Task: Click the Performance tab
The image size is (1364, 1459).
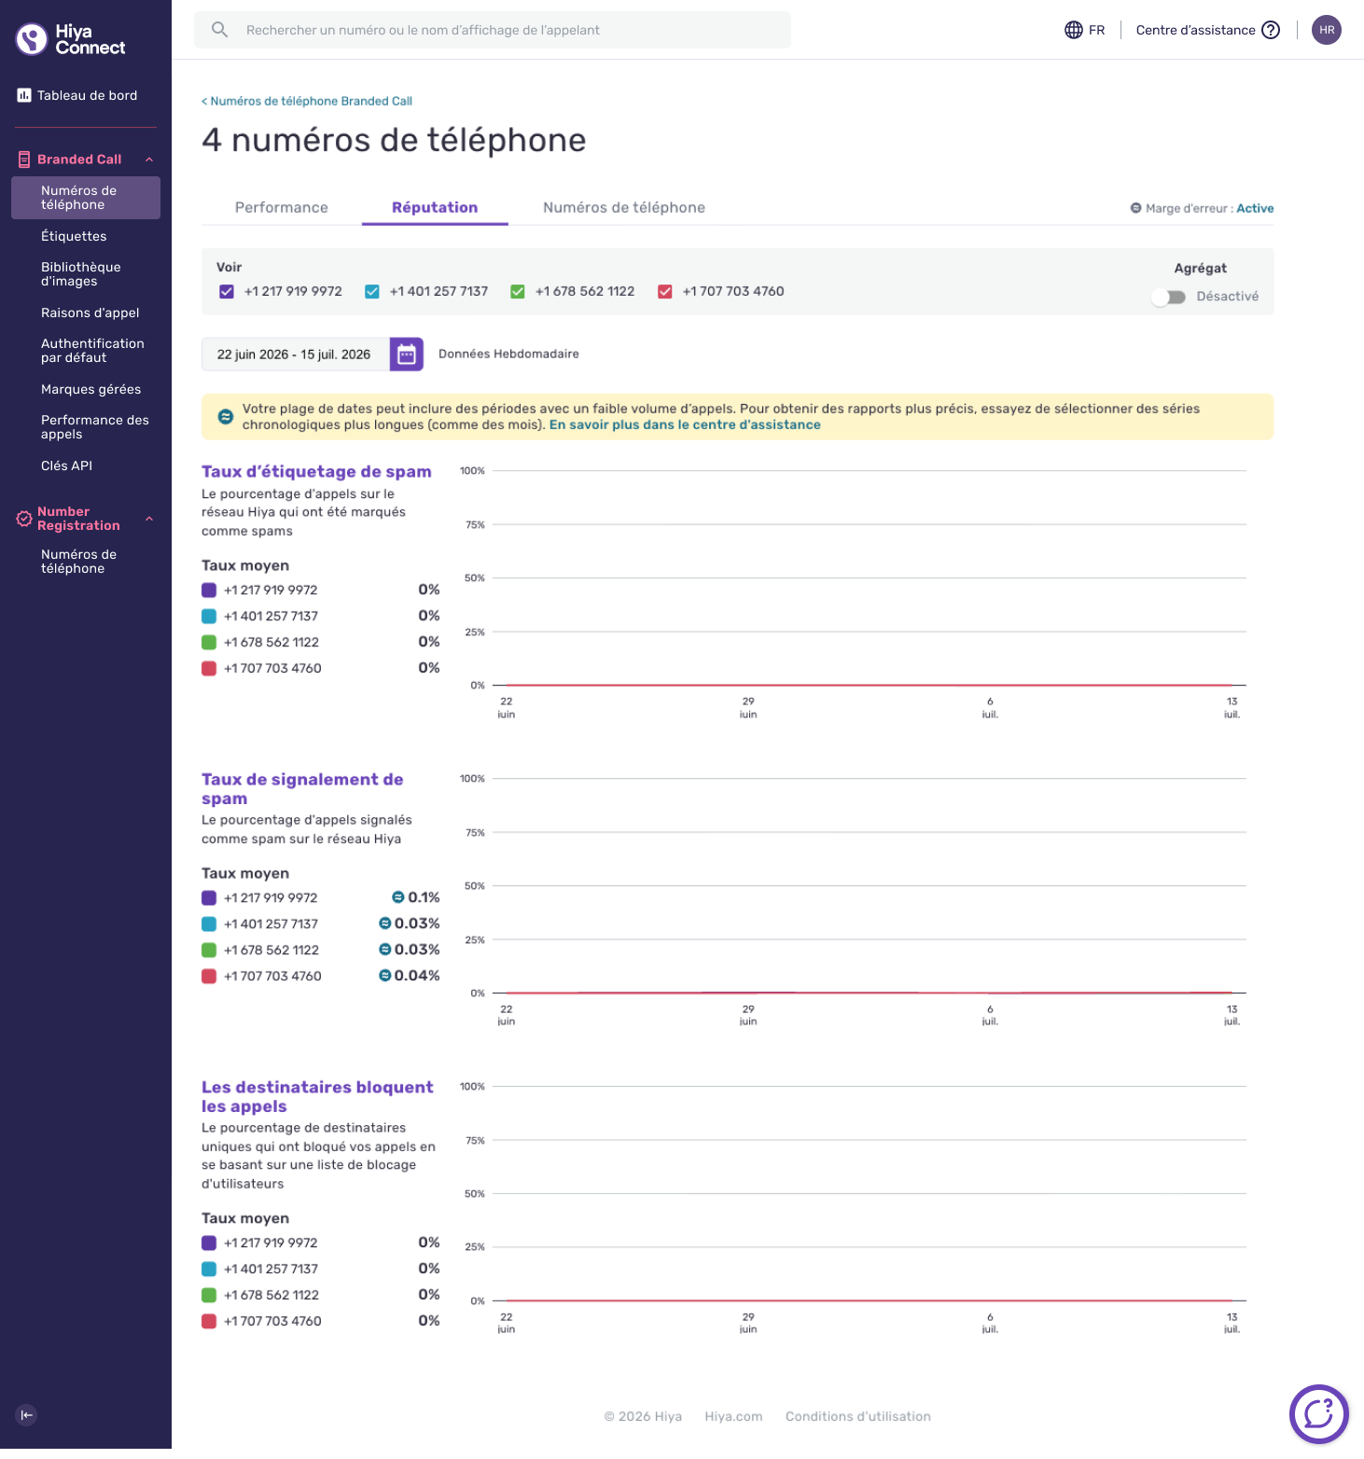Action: [x=281, y=207]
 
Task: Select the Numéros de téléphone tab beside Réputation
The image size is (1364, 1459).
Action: [x=624, y=207]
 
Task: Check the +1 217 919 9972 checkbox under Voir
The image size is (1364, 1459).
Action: [x=227, y=291]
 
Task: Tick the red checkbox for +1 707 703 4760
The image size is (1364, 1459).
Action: [x=665, y=291]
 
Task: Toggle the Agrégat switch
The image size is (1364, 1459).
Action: [x=1168, y=297]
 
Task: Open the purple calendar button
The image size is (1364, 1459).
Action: [x=407, y=354]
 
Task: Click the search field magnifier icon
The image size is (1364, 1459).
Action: [x=220, y=30]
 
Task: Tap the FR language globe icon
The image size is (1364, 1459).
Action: [x=1074, y=30]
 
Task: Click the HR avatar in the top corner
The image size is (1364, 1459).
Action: [x=1327, y=30]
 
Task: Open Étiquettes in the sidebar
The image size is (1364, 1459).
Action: [x=74, y=236]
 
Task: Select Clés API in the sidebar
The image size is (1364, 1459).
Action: [x=66, y=465]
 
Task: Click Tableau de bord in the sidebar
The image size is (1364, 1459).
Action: [x=87, y=95]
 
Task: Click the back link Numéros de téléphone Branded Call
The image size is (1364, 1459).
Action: [x=307, y=101]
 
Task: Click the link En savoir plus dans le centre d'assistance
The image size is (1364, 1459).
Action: [x=685, y=424]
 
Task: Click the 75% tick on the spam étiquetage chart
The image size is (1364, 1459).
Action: [x=475, y=525]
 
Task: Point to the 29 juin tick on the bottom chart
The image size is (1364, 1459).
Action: [x=748, y=1323]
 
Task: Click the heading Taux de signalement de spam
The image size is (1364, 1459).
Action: [x=302, y=788]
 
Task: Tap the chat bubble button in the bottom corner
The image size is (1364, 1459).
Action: [x=1319, y=1414]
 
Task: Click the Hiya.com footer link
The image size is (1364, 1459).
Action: [x=733, y=1416]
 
